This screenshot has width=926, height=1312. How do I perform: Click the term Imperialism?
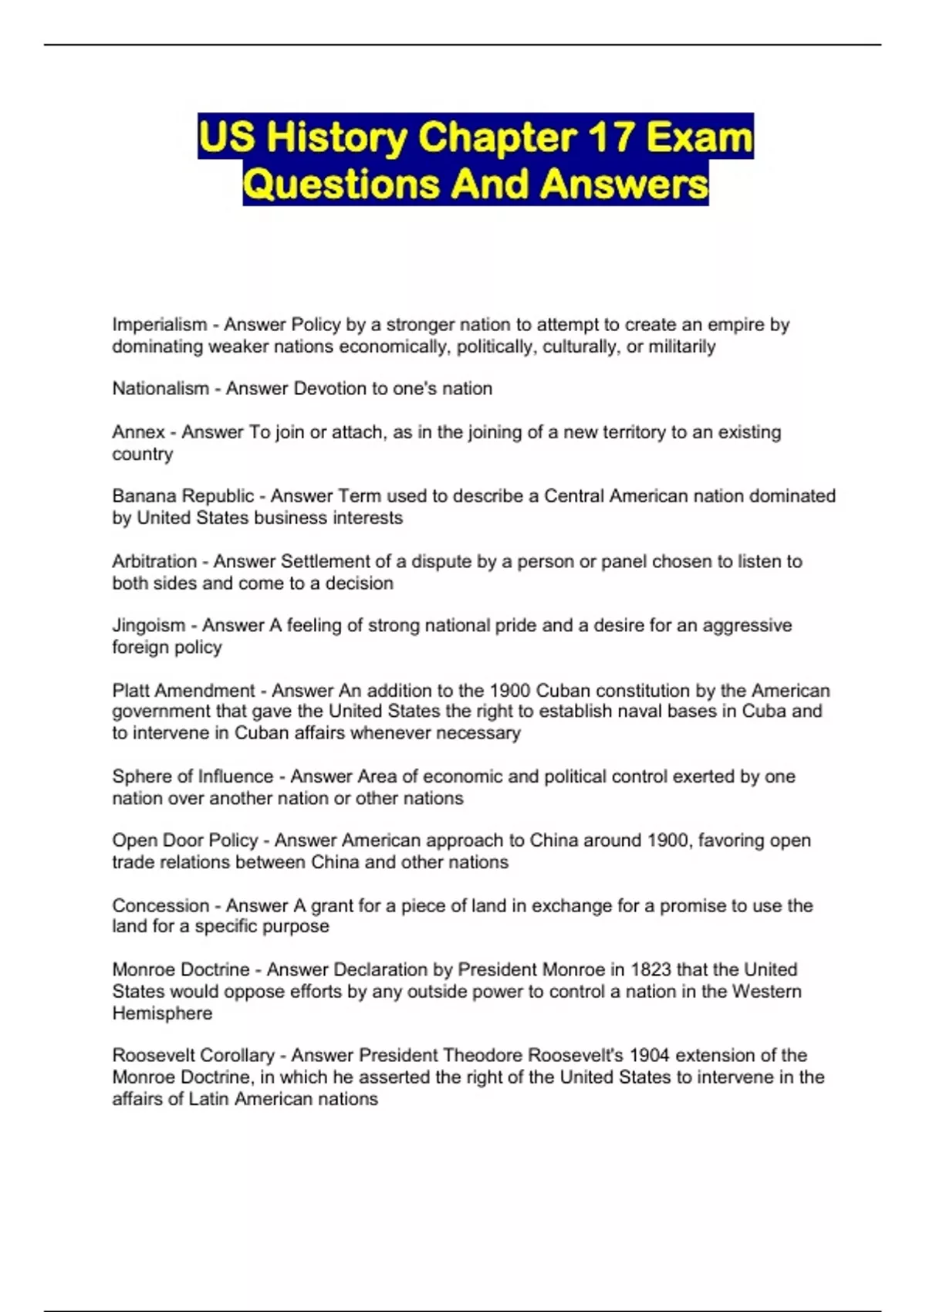159,325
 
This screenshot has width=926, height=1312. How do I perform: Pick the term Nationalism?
161,388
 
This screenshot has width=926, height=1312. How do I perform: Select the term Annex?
139,432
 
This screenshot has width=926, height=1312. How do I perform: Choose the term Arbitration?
154,561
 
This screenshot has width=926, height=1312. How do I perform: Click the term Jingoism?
149,625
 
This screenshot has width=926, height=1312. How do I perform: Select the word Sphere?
140,776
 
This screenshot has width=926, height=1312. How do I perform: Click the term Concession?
161,905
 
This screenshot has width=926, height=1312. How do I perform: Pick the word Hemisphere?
162,1013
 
